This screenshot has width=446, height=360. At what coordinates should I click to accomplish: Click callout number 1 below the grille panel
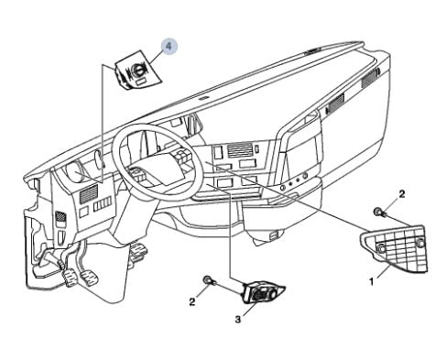tap(371, 282)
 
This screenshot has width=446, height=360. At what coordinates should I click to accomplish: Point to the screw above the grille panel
tap(379, 213)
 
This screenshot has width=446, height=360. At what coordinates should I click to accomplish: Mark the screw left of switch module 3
tap(209, 278)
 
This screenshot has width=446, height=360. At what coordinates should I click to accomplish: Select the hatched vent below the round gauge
tap(89, 192)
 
